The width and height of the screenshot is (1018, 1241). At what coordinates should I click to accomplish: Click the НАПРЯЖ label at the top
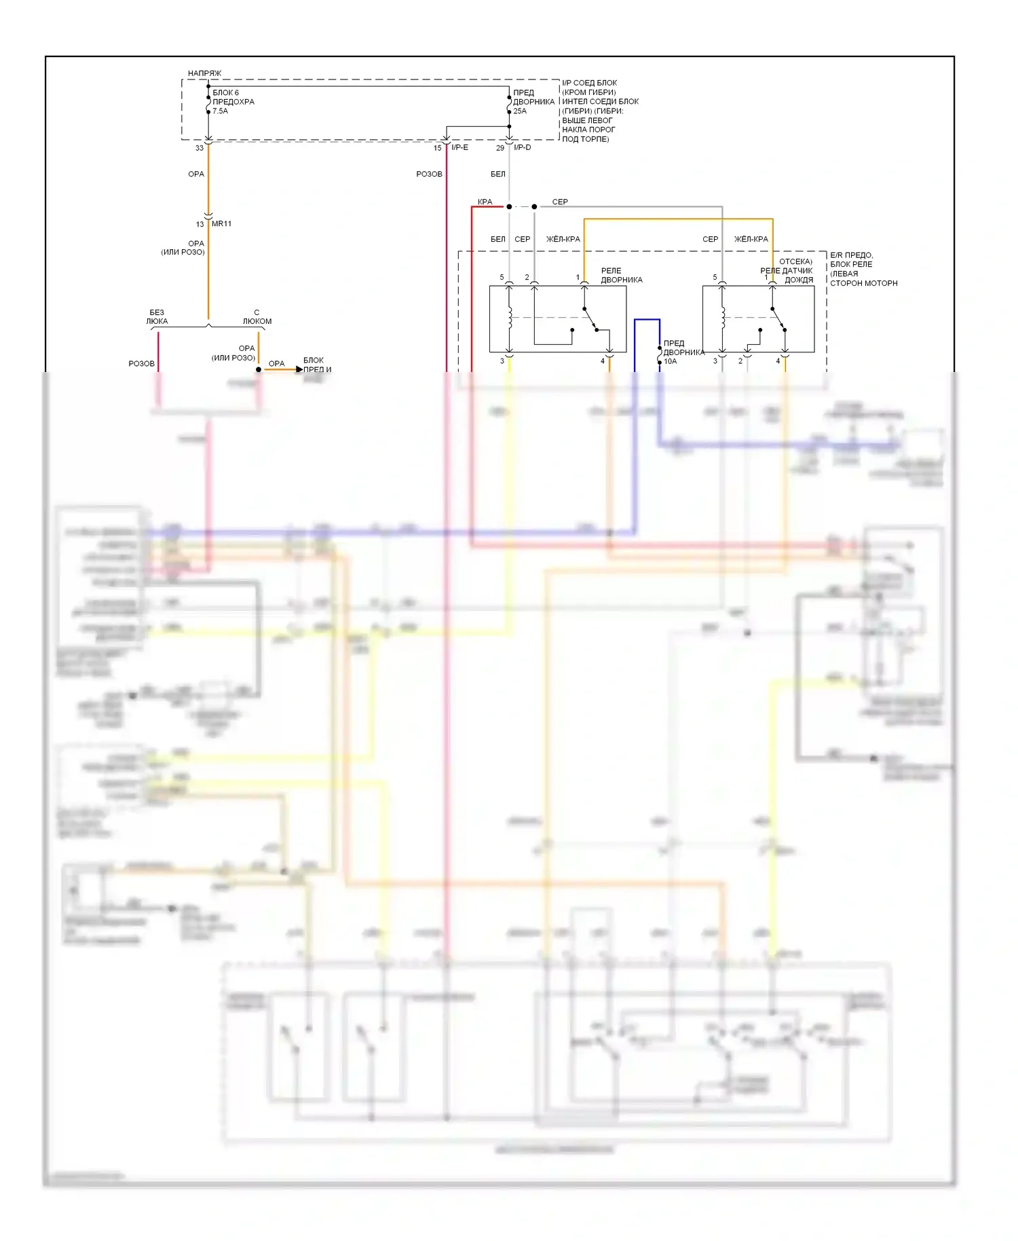pos(204,73)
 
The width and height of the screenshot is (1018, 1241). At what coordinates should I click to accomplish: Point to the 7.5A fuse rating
pos(221,111)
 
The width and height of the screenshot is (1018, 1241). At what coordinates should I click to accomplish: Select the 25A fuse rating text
pos(520,111)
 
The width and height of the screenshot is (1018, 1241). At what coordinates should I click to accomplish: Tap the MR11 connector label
pos(221,224)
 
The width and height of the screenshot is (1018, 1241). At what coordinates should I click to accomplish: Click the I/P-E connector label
pos(459,148)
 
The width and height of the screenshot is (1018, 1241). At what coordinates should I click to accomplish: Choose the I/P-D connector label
pos(523,148)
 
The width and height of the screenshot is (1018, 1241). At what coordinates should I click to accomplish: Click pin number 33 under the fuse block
pos(200,148)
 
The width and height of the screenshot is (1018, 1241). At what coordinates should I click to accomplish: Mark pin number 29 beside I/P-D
pos(500,148)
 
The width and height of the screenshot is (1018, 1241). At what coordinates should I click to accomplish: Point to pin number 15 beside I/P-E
pos(438,148)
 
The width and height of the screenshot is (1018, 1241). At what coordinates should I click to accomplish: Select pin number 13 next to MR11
pos(200,224)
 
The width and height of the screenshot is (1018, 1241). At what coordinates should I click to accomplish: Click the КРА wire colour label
pos(485,202)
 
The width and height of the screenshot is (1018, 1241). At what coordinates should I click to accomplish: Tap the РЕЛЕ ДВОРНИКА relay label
pos(621,275)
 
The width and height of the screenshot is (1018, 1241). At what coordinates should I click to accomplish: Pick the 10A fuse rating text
pos(671,362)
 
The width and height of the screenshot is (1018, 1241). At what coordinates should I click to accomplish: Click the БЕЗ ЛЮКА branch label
pos(157,317)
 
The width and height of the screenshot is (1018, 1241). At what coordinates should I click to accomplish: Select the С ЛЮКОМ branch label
pos(257,317)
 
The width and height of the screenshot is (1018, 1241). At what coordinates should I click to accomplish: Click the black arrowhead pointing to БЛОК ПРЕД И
pos(299,370)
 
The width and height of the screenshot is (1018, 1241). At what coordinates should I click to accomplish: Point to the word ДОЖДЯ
pos(799,280)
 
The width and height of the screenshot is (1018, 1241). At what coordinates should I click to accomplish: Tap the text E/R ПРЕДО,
pos(851,255)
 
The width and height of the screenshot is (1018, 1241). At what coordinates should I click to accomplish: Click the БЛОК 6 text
pos(226,93)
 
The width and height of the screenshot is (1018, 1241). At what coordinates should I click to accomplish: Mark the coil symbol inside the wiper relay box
pos(510,318)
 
